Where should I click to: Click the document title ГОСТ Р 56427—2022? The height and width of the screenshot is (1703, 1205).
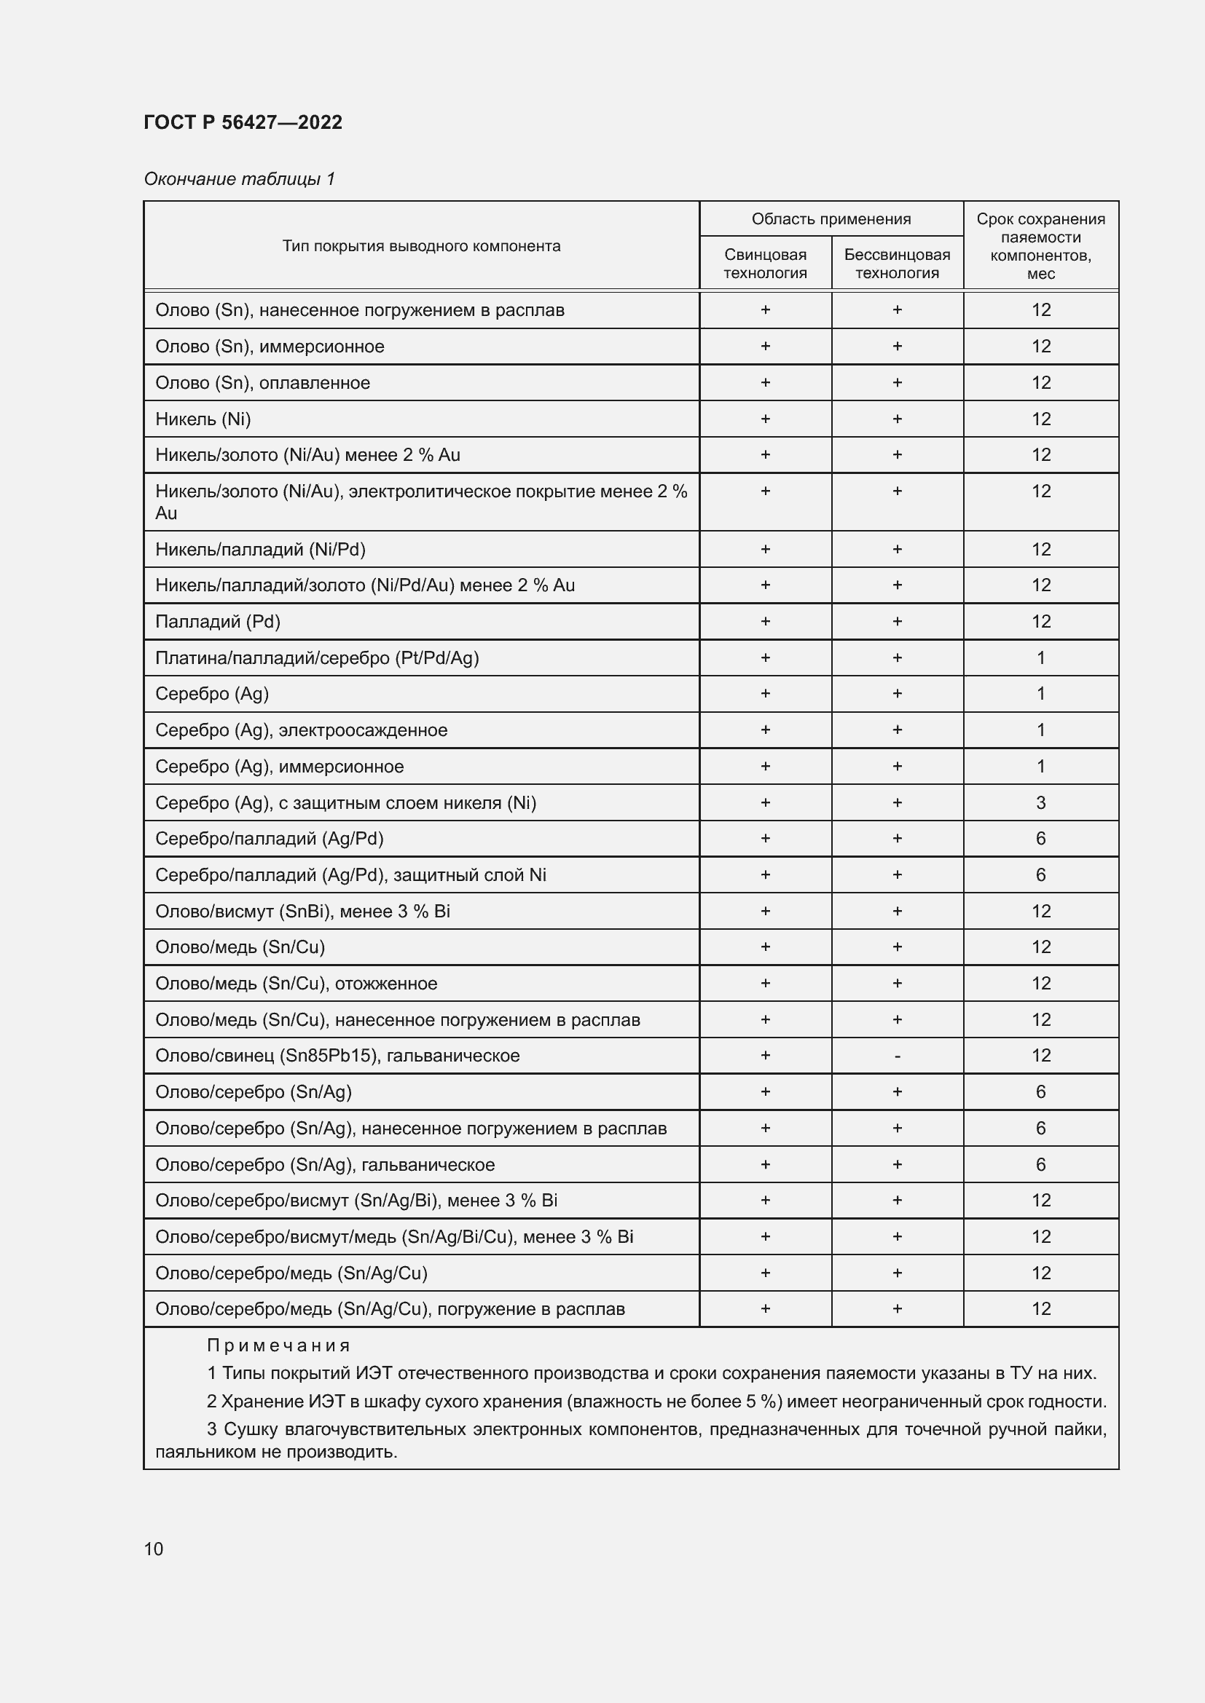[243, 122]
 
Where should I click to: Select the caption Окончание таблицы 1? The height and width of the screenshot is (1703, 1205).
[239, 179]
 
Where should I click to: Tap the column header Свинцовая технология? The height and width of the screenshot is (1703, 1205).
[765, 264]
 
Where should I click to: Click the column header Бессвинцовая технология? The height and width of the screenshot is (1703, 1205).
[896, 264]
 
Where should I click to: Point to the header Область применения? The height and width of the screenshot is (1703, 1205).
[831, 219]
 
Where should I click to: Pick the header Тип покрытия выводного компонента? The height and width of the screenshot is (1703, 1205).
[420, 245]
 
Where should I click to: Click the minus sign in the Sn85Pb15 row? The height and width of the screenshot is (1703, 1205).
[897, 1056]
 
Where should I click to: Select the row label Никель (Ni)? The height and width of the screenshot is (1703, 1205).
[203, 419]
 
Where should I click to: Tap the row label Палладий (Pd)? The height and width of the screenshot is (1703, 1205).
[217, 622]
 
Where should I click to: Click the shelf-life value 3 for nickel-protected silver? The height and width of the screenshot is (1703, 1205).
[1040, 802]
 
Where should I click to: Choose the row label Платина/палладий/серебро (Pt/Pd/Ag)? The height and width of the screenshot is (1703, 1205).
[317, 658]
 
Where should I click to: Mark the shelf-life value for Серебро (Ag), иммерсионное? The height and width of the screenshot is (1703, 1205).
[1040, 766]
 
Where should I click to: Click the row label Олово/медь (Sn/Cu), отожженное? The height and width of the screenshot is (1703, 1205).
[296, 984]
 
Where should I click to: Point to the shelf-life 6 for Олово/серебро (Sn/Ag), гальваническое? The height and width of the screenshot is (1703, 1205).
[1040, 1164]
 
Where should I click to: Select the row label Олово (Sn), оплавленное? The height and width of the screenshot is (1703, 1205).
[262, 383]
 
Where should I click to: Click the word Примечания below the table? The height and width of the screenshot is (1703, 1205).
[278, 1346]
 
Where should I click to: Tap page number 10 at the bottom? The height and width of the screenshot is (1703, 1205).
[154, 1549]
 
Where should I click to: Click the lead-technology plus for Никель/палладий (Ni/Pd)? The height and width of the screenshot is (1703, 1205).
[765, 550]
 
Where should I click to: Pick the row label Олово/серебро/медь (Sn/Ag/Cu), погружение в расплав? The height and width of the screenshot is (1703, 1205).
[390, 1309]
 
